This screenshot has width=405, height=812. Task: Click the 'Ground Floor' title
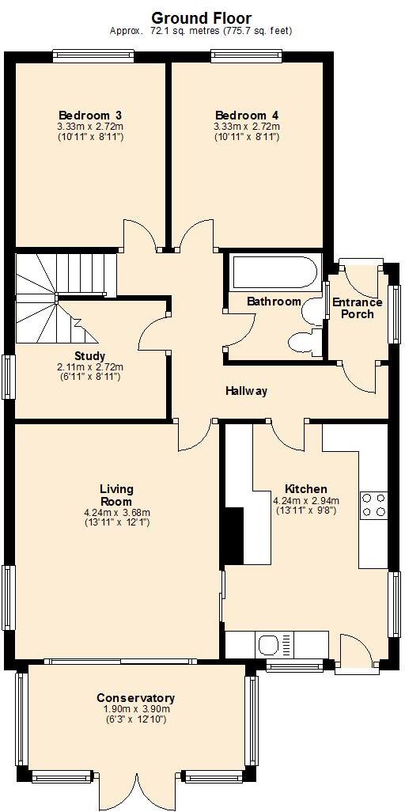201,17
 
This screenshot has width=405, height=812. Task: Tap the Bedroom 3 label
89,115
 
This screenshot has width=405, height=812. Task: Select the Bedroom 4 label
246,115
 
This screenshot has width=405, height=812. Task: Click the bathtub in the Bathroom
274,274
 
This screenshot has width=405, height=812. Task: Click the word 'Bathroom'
274,302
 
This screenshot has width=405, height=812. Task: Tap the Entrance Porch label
357,308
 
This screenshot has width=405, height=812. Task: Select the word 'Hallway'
246,391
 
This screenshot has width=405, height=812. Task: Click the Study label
89,356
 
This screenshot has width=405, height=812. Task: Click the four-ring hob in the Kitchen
373,505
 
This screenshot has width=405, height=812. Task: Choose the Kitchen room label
305,489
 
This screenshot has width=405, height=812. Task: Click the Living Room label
116,495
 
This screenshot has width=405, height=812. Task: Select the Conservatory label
135,698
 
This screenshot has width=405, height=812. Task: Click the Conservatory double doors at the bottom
136,791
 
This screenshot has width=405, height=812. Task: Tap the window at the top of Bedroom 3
93,56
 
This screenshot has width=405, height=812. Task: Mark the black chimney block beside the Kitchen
232,536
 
